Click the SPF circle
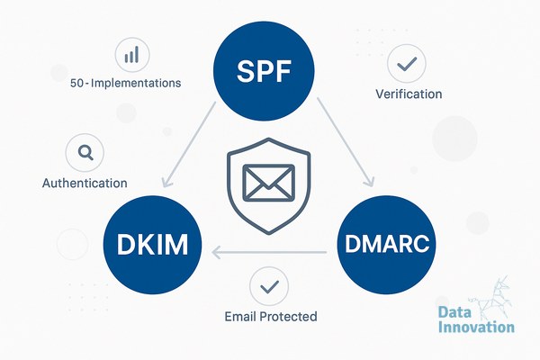(x=264, y=71)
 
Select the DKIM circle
(x=153, y=245)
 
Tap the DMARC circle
(x=386, y=245)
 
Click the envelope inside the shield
(x=268, y=183)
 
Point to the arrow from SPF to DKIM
(x=189, y=145)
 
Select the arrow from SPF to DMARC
(x=346, y=142)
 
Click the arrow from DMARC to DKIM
(x=269, y=253)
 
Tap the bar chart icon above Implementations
(x=132, y=55)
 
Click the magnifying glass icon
(x=85, y=153)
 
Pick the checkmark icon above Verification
(x=407, y=63)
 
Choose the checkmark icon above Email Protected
(x=269, y=286)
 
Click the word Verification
(x=409, y=94)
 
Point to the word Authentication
(x=85, y=183)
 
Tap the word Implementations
(x=136, y=83)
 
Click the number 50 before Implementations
(x=76, y=83)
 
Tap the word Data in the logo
(x=454, y=312)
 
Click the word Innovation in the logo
(x=476, y=327)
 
